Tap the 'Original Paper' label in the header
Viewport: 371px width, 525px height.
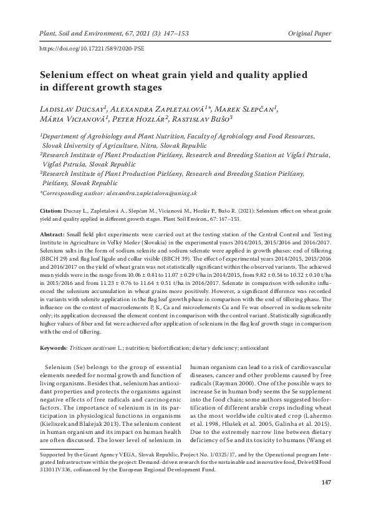312,31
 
